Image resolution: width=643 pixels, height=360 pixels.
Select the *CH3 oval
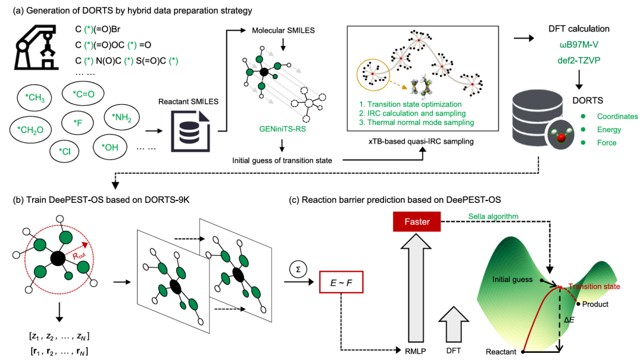click(35, 98)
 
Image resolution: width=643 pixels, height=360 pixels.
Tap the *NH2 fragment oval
click(122, 118)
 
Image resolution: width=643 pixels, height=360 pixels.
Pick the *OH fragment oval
click(110, 147)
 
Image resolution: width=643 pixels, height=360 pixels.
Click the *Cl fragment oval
click(64, 151)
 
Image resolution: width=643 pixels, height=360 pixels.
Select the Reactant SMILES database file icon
click(191, 131)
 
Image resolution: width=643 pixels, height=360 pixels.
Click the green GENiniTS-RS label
click(283, 129)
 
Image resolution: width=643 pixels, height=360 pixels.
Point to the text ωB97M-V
click(579, 44)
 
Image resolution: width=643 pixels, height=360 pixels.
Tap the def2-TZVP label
click(579, 60)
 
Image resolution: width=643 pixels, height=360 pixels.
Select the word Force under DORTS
click(607, 143)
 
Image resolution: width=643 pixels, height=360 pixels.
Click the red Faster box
click(417, 222)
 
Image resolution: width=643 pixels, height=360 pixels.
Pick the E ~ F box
click(341, 282)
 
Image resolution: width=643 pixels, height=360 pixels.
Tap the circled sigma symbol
click(298, 270)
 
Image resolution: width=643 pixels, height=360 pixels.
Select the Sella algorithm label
click(494, 217)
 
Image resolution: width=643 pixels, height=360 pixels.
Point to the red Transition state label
click(594, 287)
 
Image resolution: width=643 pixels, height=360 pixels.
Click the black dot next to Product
click(578, 304)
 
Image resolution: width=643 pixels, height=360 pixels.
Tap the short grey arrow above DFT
click(453, 324)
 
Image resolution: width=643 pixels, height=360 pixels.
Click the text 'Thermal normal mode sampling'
click(421, 122)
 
